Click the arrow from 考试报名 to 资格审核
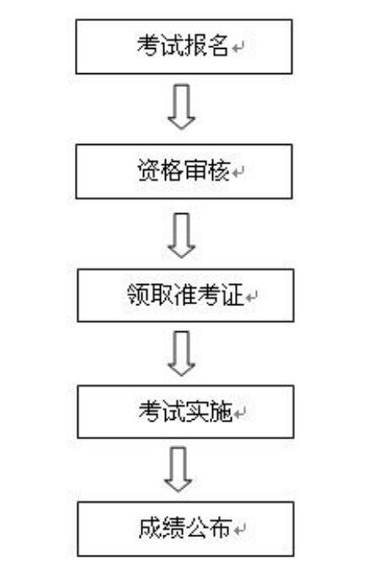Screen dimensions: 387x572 pos(181,107)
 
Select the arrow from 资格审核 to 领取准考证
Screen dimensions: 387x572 pos(181,236)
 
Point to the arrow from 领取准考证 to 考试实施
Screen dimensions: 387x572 pos(181,353)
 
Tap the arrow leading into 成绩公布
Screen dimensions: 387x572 pos(178,469)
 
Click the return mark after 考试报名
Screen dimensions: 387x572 pos(238,48)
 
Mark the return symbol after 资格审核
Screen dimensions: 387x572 pos(238,172)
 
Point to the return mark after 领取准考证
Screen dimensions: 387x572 pos(251,297)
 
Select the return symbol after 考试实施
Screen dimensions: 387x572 pos(239,414)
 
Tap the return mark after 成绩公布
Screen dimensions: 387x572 pos(239,531)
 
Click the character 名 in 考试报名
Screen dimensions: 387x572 pos(218,46)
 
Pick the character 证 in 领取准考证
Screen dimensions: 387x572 pos(233,295)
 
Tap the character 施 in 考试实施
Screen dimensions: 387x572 pos(221,412)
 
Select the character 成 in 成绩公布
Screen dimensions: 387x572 pos(150,528)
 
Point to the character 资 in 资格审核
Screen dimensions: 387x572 pos(148,170)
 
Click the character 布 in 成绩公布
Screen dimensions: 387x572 pos(220,528)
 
